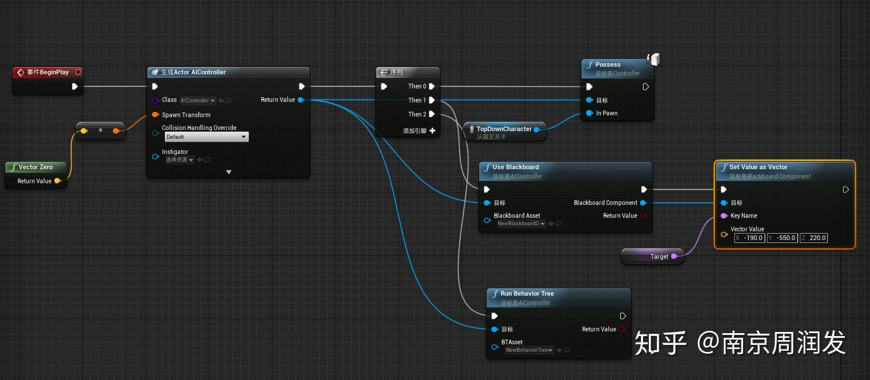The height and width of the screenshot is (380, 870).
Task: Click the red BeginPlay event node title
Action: (47, 73)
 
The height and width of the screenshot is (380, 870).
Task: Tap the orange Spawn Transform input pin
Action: (156, 115)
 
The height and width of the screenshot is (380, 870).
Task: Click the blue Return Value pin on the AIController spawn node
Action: (301, 100)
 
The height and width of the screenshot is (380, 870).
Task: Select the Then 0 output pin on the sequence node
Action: (431, 87)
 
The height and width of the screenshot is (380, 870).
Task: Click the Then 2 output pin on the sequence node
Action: (431, 114)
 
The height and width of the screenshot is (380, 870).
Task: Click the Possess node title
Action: (608, 65)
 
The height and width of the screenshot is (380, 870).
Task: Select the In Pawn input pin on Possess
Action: (590, 114)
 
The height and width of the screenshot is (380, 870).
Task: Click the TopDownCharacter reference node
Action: (504, 129)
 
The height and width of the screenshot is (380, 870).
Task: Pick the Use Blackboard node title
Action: (515, 167)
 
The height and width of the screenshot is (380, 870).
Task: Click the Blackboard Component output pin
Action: (643, 203)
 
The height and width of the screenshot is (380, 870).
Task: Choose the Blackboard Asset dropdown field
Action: (521, 224)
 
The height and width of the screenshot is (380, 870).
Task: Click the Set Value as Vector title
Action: (758, 167)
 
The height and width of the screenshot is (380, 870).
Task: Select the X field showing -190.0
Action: (749, 238)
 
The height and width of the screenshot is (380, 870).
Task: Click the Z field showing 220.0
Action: (814, 238)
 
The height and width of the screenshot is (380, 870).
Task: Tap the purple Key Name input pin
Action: (724, 216)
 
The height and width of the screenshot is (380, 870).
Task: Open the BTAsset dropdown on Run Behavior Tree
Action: (529, 350)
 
